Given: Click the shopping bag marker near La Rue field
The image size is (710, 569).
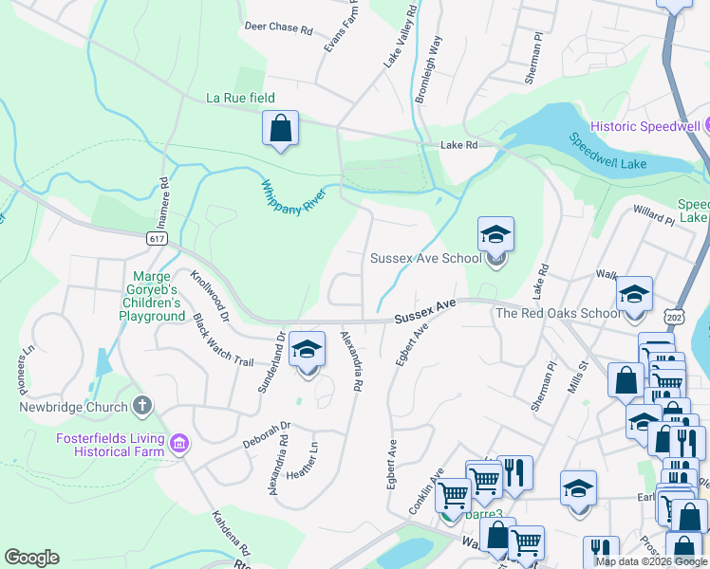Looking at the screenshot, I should click(280, 128).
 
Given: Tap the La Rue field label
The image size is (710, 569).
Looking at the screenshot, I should click(241, 98).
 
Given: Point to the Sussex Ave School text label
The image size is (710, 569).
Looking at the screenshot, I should click(425, 258).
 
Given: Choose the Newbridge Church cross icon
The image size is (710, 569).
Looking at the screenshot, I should click(141, 407).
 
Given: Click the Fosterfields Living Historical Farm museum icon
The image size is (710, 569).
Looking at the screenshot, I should click(178, 443).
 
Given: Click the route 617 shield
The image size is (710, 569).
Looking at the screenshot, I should click(158, 239).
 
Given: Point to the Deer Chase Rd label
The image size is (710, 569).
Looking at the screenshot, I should click(278, 29).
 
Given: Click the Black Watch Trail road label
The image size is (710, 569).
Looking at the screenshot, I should click(224, 341).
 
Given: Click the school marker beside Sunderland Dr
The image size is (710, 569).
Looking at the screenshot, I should click(307, 351).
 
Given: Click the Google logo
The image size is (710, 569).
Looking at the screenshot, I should click(31, 558).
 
